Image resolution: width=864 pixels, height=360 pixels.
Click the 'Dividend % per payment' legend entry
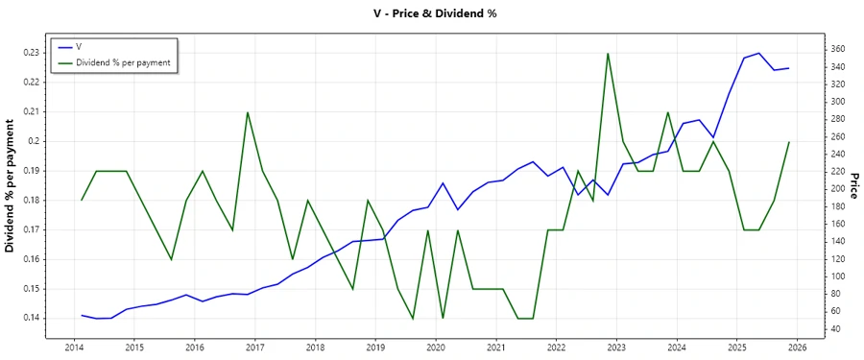click(x=123, y=62)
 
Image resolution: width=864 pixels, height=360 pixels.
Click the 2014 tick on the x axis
click(x=74, y=348)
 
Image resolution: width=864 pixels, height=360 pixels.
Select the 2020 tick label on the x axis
click(x=436, y=348)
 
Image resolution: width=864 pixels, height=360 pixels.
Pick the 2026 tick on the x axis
click(x=798, y=348)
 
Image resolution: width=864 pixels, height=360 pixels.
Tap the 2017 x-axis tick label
click(x=255, y=348)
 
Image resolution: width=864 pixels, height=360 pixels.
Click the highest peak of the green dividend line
click(x=609, y=53)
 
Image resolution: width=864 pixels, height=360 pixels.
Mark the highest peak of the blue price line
click(x=758, y=53)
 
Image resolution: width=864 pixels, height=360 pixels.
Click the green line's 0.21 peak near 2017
click(x=248, y=112)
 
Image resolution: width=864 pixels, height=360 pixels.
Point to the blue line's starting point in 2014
click(x=82, y=315)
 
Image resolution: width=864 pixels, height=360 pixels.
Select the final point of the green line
click(x=789, y=142)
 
